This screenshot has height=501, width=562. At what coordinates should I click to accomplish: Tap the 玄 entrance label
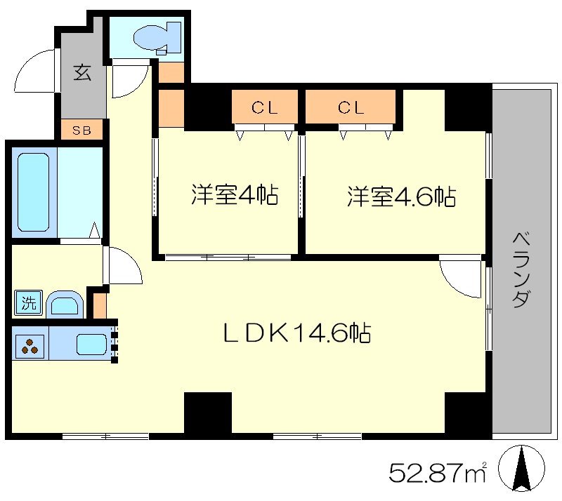point(83,73)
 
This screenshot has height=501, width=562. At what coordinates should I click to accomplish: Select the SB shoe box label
point(83,131)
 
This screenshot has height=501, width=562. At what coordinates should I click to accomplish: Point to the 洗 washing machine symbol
point(27,304)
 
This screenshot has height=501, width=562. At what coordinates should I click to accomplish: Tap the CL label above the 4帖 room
point(266,108)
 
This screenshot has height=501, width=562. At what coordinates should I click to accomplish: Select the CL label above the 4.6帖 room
point(351,108)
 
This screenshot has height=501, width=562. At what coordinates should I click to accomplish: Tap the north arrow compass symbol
point(522,469)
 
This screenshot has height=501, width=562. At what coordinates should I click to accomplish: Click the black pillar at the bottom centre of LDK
point(208,414)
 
